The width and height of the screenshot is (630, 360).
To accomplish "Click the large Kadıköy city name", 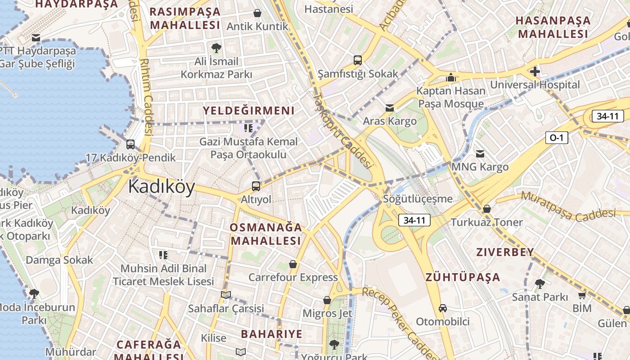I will (x=162, y=187).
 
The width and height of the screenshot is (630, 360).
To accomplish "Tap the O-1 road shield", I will (x=557, y=138).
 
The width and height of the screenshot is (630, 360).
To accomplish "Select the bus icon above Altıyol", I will (x=256, y=186).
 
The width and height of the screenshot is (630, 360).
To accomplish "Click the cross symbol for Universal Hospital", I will (x=535, y=72).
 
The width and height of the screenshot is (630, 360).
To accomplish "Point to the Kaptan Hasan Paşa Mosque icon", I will (x=451, y=77).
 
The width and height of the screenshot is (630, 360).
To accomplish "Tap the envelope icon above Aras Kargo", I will (x=390, y=108).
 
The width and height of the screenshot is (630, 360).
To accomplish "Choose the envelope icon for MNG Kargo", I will (x=480, y=154).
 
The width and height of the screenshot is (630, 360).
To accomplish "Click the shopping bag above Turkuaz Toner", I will (x=486, y=209).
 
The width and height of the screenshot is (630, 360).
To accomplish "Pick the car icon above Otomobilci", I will (x=443, y=308).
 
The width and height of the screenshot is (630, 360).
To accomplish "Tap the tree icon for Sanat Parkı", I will (x=540, y=284).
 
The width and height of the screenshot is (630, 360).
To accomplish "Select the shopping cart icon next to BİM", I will (x=582, y=296).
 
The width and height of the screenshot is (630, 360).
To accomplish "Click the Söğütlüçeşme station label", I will (x=418, y=198).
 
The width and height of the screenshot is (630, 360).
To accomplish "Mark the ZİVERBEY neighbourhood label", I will (x=505, y=252).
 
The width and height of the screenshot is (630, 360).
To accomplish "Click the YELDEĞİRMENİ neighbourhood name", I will (x=249, y=111).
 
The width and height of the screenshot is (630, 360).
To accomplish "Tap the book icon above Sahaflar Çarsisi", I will (x=226, y=295).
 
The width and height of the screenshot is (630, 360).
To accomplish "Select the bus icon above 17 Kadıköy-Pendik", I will (x=130, y=144).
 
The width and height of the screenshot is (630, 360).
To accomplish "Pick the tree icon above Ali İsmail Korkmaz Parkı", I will (x=216, y=47).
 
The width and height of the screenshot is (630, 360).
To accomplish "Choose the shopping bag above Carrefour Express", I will (x=293, y=264).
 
